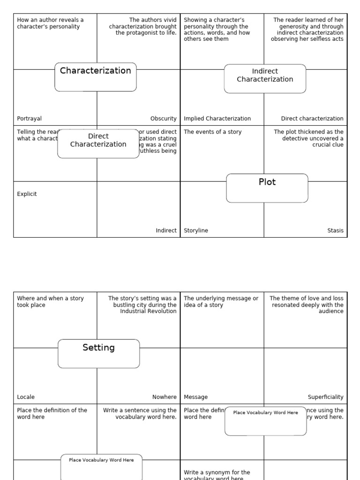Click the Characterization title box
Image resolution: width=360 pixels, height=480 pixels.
[x=96, y=77]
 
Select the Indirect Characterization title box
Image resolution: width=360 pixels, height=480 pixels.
[x=265, y=78]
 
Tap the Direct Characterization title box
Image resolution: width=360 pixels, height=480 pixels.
[x=98, y=143]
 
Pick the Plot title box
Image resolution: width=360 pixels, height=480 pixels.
[x=267, y=188]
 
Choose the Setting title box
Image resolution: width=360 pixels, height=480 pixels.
[x=98, y=353]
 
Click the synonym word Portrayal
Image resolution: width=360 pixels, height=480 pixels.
[x=29, y=119]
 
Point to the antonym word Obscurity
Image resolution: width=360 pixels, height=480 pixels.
[x=163, y=119]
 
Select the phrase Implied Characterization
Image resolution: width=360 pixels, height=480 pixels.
[x=217, y=119]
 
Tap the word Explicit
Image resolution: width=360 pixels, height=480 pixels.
[x=27, y=194]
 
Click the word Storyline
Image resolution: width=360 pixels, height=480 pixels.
[x=196, y=231]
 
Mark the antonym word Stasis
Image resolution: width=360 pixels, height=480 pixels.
[x=335, y=231]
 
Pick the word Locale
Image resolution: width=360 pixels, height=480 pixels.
[x=26, y=397]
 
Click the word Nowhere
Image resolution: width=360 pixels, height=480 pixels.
[x=164, y=397]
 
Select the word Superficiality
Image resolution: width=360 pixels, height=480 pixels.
[x=325, y=397]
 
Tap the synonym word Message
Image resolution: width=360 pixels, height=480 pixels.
[x=195, y=397]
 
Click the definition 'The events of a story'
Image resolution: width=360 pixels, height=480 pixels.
[x=212, y=132]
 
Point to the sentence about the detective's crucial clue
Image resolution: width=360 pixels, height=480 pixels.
[x=309, y=138]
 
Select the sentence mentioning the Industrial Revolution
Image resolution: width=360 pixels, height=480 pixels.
[x=142, y=305]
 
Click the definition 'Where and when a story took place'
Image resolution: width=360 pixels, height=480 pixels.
[x=50, y=301]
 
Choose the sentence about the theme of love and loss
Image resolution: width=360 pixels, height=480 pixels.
[x=307, y=305]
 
